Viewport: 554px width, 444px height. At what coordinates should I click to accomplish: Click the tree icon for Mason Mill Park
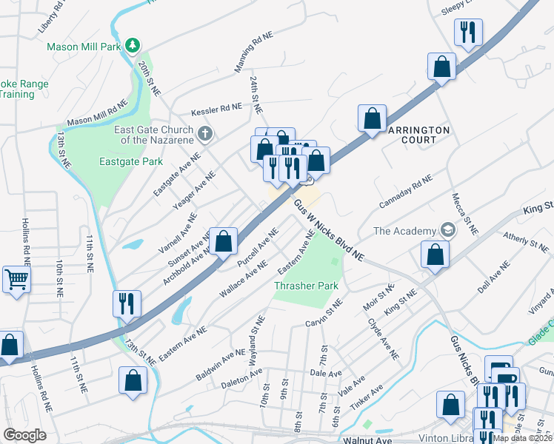133,46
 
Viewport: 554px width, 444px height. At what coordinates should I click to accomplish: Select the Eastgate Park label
131,161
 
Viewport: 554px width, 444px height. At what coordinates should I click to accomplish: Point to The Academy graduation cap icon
447,231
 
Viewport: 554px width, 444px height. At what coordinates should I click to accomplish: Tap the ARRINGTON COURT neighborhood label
418,135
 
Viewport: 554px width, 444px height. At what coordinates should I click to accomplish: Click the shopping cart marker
16,280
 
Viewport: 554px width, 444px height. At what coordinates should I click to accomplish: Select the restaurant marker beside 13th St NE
126,303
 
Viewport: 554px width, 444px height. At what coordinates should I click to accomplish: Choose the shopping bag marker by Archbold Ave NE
223,240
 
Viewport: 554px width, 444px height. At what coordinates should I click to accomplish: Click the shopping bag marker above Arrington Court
372,118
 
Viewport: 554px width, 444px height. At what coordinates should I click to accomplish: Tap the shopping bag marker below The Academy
435,254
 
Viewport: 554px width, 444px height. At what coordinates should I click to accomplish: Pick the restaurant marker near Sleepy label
468,32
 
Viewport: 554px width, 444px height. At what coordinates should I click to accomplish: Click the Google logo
24,435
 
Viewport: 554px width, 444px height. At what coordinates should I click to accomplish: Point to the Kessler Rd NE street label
217,107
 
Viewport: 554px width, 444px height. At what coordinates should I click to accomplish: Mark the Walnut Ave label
368,440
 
